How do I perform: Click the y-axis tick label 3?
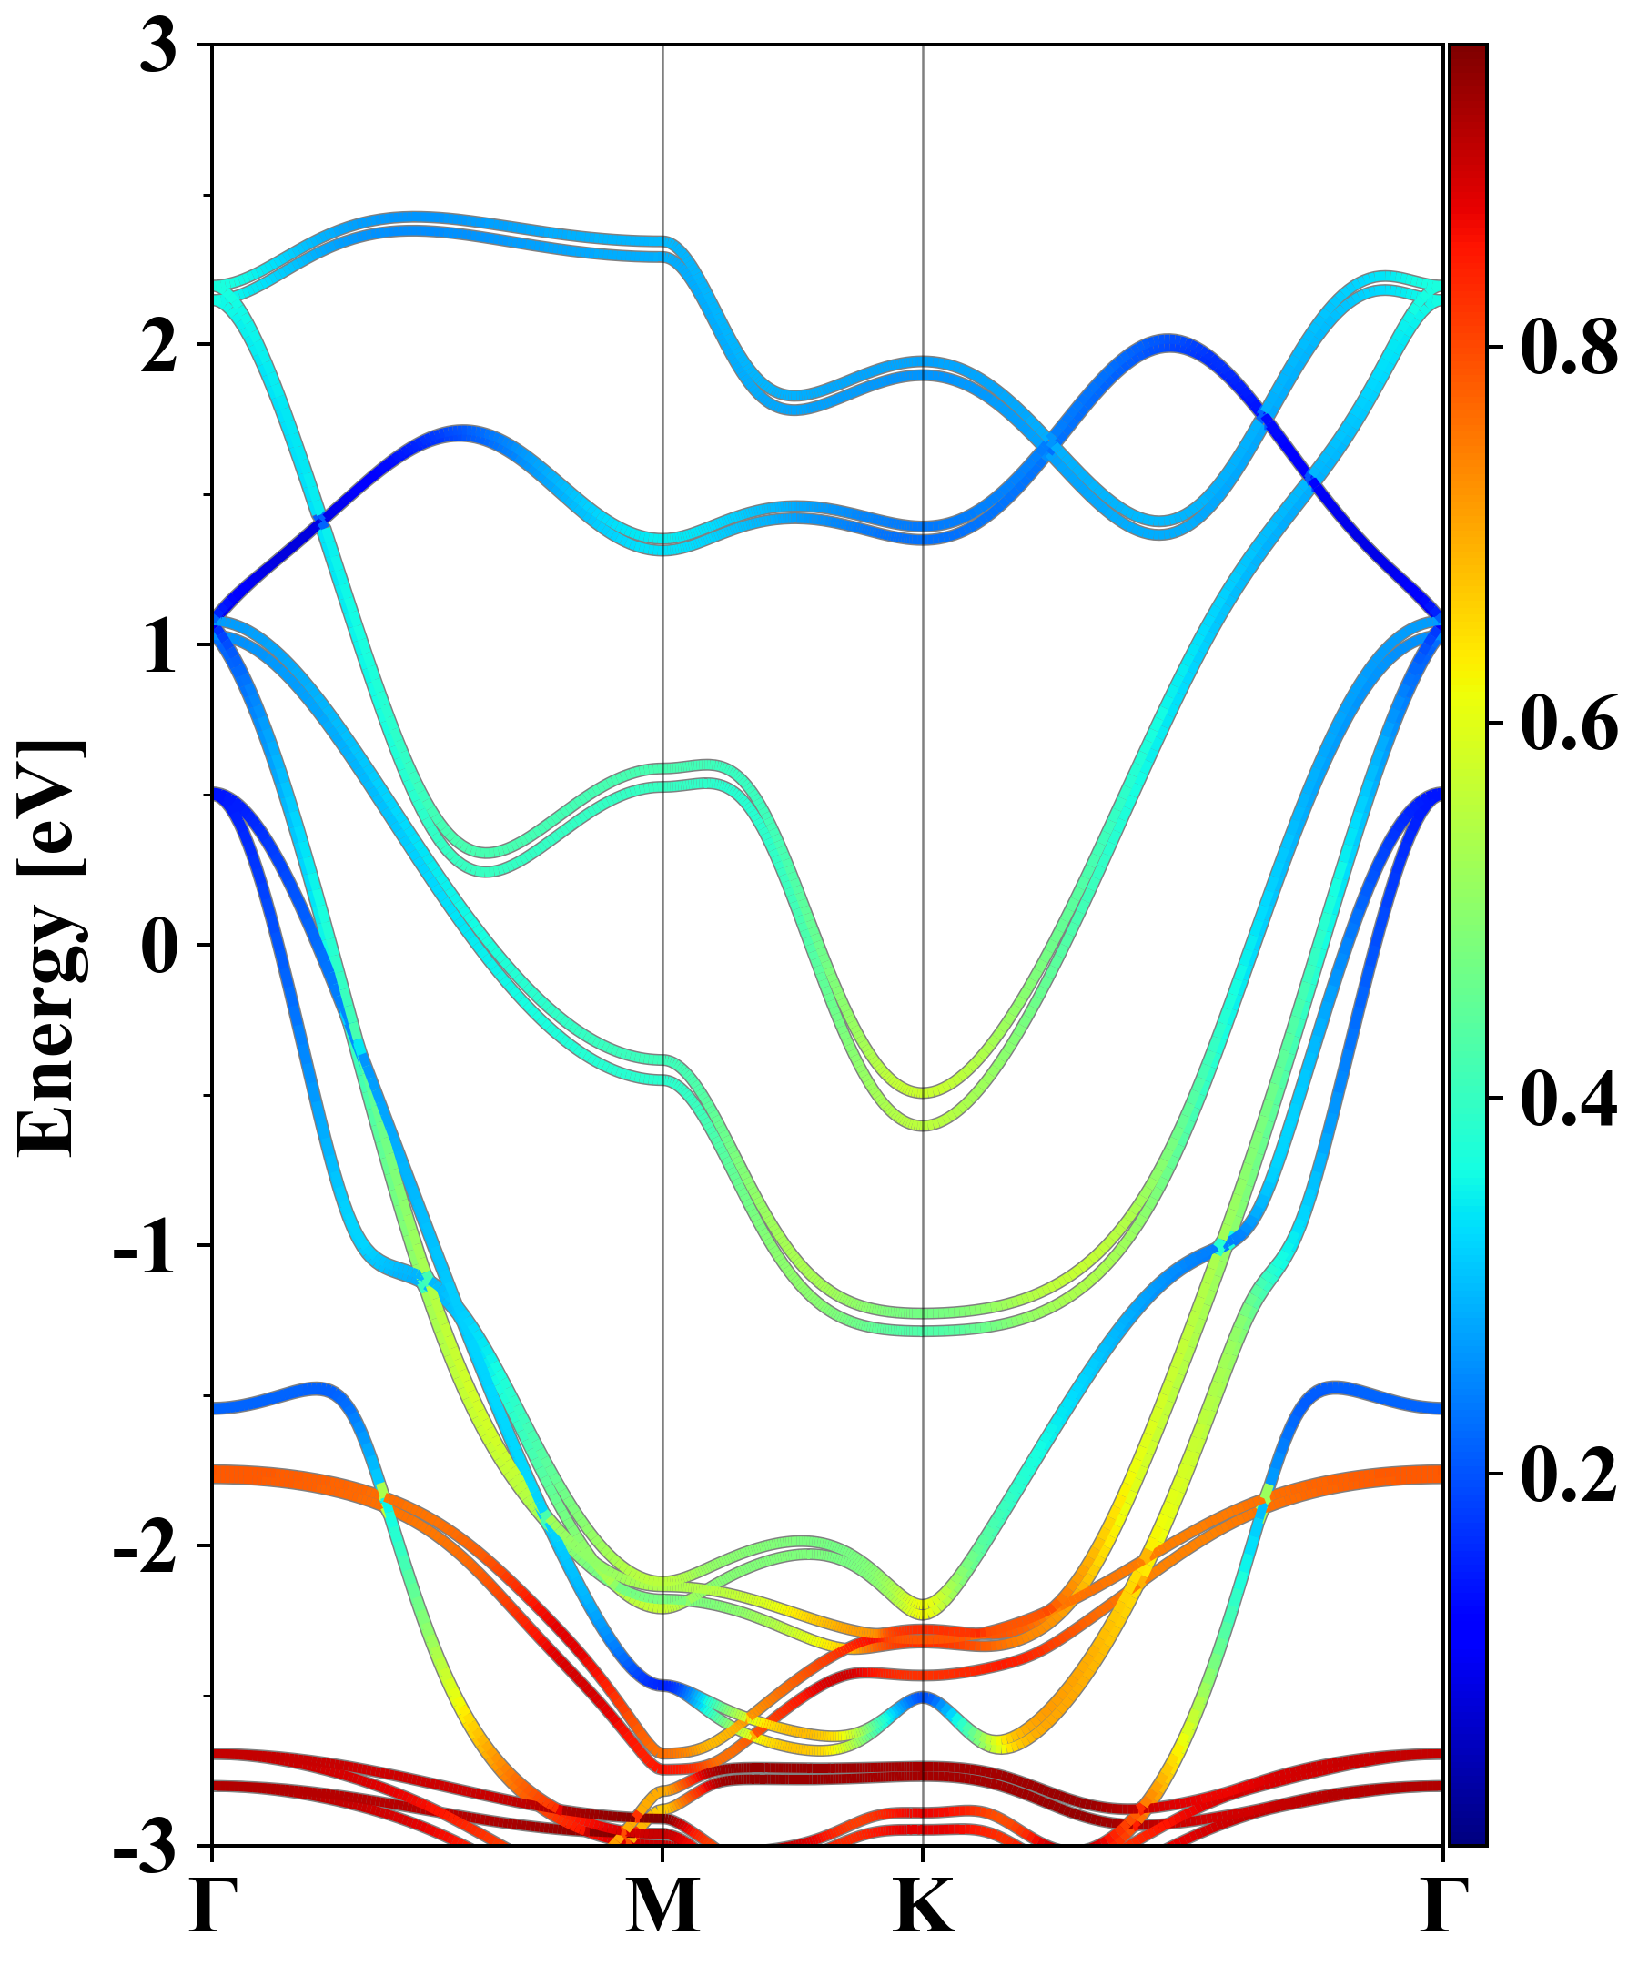point(159,46)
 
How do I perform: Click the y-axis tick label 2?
point(159,347)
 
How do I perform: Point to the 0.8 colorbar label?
point(1569,348)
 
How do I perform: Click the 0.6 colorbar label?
point(1569,723)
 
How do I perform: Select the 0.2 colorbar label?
point(1569,1474)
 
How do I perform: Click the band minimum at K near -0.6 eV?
point(924,1124)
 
